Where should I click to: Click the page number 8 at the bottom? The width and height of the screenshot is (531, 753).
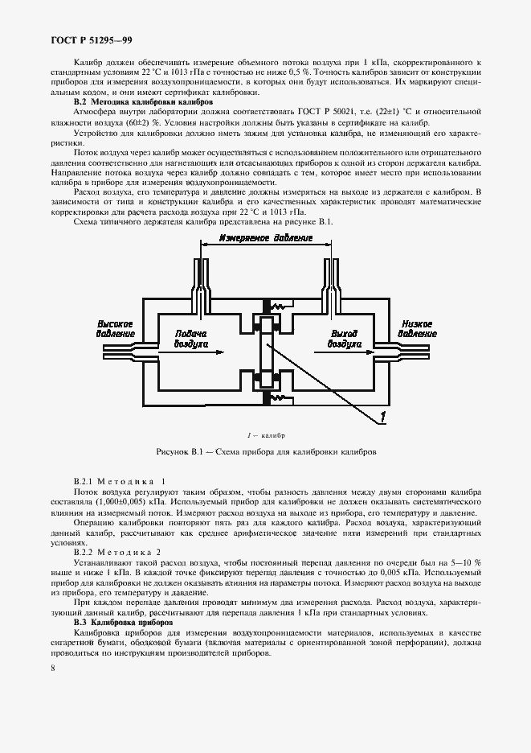coord(53,668)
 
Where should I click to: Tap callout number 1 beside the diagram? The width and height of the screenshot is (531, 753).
coord(384,415)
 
